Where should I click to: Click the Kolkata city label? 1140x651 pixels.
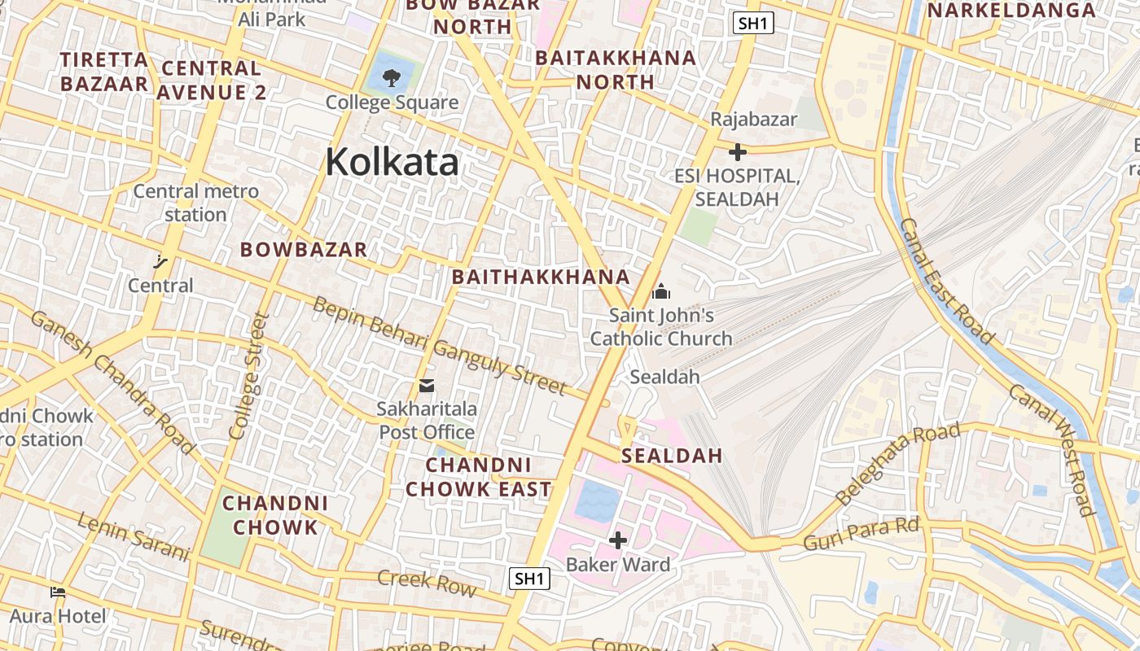(392, 162)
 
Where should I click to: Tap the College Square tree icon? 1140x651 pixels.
(392, 78)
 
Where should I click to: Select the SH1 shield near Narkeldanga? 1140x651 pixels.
(752, 23)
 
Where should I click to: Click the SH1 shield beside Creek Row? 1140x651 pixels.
(529, 579)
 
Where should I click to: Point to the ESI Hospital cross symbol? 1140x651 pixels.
(738, 152)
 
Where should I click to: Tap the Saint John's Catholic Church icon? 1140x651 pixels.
(661, 291)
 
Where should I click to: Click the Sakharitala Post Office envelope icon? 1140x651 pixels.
(427, 385)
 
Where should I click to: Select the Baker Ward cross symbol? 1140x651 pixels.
(618, 540)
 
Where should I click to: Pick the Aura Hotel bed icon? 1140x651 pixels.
(58, 592)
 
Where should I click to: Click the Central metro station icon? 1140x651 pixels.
(160, 261)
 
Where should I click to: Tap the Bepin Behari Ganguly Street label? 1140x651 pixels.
(438, 345)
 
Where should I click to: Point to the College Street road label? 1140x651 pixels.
(248, 376)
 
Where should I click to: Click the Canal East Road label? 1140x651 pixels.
(947, 281)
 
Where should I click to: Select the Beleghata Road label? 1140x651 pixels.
(898, 463)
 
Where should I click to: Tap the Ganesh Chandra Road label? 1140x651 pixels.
(113, 381)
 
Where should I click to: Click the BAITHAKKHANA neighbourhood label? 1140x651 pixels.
(541, 277)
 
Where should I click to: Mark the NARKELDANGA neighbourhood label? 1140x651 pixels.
(1011, 10)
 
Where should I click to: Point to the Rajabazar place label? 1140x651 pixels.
(754, 119)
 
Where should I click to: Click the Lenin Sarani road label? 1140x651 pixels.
(134, 536)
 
